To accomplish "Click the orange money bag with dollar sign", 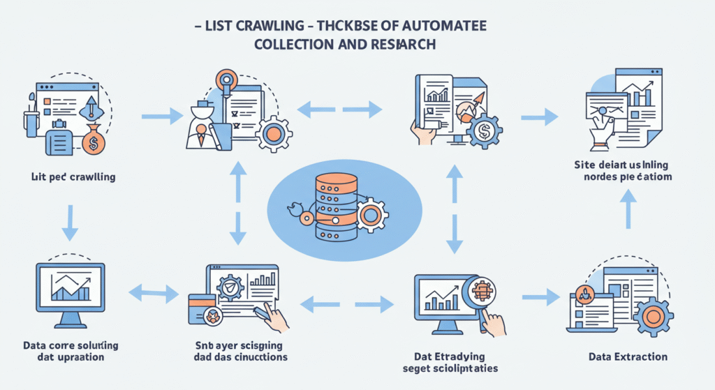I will [93, 143].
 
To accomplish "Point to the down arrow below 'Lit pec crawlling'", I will [70, 222].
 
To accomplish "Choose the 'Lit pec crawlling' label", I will [69, 177].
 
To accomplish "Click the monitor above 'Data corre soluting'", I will [70, 290].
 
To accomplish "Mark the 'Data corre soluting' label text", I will [70, 351].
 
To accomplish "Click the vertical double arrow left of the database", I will [238, 202].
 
